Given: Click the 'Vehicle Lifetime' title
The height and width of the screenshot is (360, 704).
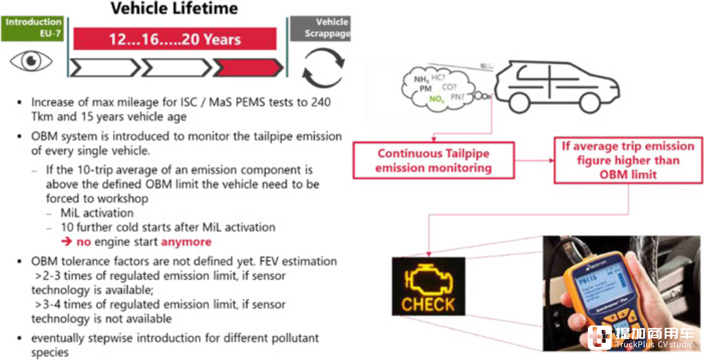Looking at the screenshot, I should click(174, 8).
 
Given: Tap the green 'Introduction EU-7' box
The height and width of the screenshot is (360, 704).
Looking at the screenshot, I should click(32, 28).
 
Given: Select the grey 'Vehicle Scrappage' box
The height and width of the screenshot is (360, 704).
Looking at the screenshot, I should click(320, 28).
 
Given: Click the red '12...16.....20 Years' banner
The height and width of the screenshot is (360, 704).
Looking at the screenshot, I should click(175, 39).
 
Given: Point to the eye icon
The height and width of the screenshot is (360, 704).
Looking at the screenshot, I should click(31, 61).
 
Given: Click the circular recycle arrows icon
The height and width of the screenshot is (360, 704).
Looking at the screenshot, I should click(323, 68).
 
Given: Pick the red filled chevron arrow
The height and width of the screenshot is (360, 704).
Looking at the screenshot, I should click(248, 68).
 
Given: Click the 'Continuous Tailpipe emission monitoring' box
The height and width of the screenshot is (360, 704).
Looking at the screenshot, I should click(433, 160).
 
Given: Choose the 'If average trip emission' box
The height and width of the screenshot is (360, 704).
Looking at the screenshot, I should click(628, 160).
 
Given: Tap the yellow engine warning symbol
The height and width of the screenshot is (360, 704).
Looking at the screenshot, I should click(428, 279).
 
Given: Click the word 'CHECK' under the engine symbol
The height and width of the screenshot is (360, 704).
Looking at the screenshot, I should click(428, 304).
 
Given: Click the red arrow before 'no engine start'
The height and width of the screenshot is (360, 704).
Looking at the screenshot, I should click(66, 241).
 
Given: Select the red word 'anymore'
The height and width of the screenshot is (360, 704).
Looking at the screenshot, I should click(186, 242).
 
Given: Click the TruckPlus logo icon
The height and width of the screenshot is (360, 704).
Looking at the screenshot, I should click(599, 337).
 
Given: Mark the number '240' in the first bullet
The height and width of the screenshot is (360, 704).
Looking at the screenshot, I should click(321, 102).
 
